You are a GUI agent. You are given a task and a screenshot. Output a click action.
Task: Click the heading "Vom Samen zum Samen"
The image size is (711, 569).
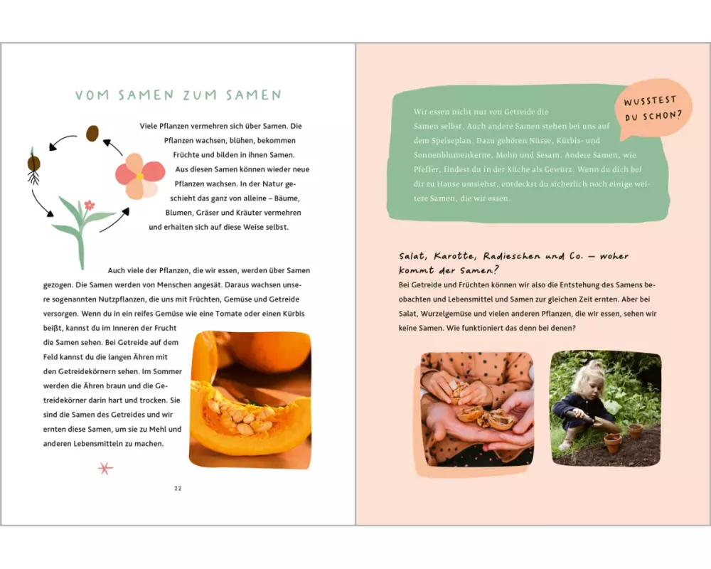(x=178, y=95)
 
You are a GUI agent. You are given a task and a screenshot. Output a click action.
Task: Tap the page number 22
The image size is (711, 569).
(x=178, y=488)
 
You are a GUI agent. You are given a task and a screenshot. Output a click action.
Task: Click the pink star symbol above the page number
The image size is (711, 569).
(x=105, y=468)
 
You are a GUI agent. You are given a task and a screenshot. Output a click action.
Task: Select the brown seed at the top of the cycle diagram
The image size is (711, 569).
(x=92, y=133)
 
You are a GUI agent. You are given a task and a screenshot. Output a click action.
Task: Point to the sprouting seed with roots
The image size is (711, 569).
(x=33, y=166)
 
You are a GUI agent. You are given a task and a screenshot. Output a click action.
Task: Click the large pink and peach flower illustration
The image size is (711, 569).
(x=139, y=176)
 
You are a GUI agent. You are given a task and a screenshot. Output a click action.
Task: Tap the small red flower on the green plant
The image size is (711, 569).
(x=90, y=205)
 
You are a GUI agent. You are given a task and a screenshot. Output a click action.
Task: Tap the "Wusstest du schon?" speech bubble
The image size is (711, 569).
(x=653, y=109)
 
